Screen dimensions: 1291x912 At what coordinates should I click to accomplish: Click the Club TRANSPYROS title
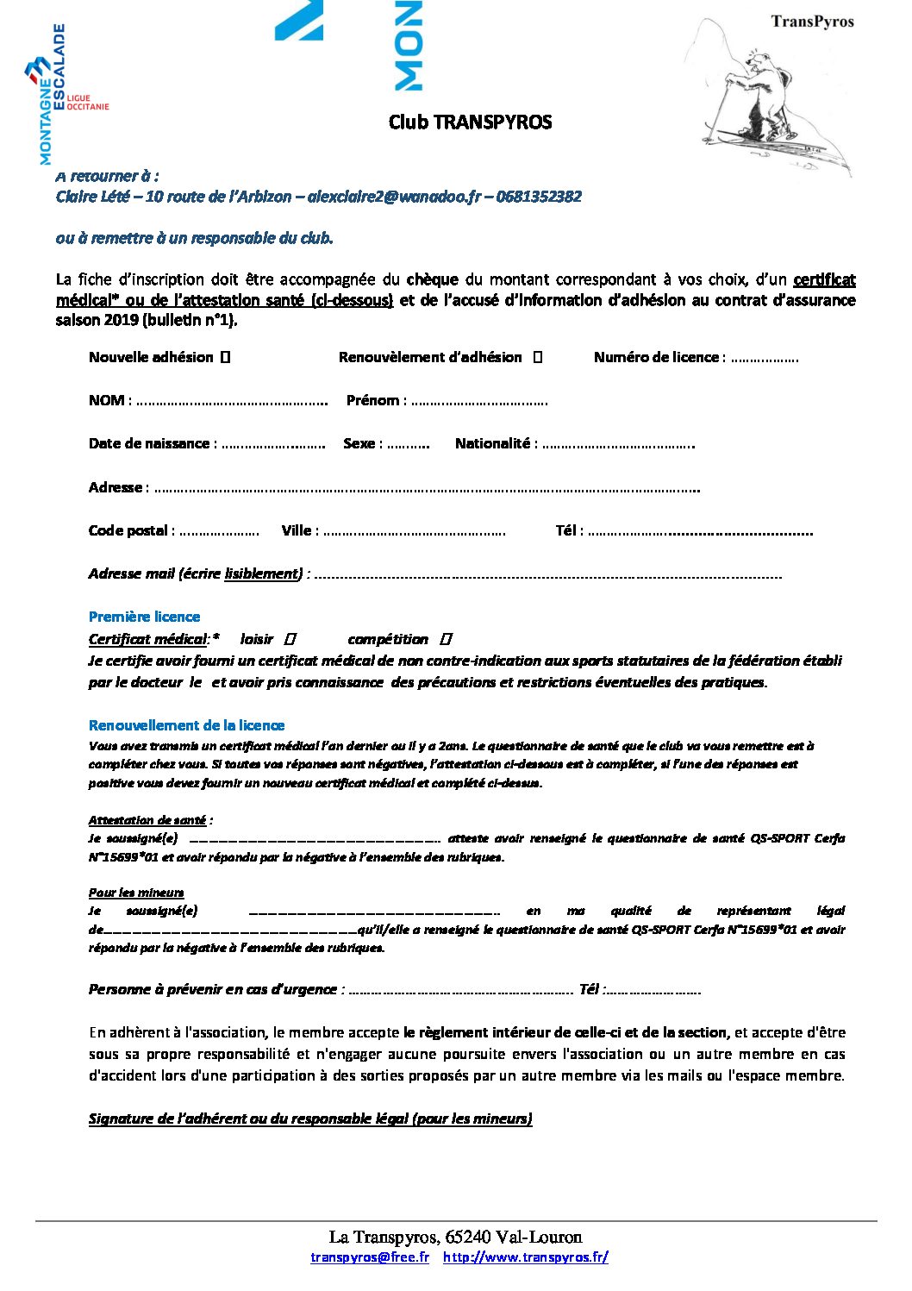470,122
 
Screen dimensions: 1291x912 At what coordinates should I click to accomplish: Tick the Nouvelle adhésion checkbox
225,357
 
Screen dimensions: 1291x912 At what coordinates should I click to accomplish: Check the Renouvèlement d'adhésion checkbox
538,357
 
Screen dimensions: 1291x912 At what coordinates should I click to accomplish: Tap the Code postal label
131,530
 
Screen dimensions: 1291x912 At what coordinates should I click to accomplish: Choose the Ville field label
299,530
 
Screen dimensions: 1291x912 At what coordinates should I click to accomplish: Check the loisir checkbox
290,639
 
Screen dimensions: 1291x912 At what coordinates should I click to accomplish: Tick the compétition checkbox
446,639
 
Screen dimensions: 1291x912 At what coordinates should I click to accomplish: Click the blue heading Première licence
144,617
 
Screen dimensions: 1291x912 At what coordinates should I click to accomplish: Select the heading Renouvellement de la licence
186,725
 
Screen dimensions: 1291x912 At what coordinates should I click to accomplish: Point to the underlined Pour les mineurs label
136,893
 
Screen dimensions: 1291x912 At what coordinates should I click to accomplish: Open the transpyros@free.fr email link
370,1257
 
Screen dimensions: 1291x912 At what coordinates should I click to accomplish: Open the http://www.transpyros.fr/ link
526,1257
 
